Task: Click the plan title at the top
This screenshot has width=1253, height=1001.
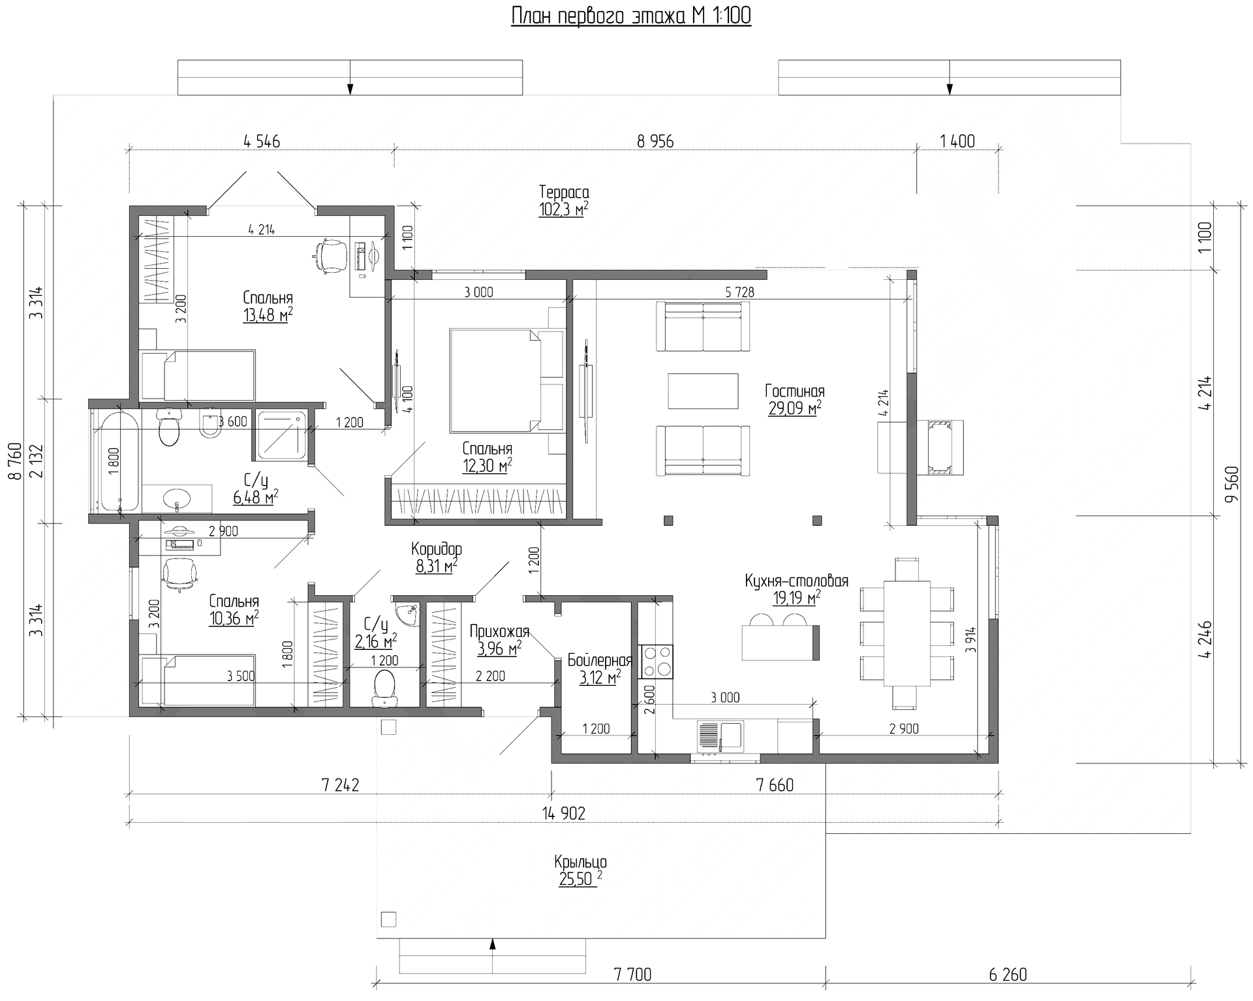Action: tap(631, 16)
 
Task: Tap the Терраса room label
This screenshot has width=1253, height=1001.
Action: tap(564, 192)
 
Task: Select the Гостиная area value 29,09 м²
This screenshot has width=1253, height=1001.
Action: tap(795, 409)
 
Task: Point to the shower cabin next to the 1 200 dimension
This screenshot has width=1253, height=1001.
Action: tap(281, 435)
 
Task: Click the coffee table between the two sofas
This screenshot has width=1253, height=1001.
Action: tap(703, 391)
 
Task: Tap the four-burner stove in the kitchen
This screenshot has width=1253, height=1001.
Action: tap(656, 662)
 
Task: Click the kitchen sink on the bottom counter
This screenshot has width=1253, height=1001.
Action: tap(720, 736)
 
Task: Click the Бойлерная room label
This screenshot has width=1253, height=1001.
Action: tap(600, 660)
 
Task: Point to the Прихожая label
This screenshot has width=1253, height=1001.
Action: tap(499, 631)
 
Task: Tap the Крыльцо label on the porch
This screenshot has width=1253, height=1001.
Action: tap(580, 861)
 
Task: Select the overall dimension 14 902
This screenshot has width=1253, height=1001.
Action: tap(564, 813)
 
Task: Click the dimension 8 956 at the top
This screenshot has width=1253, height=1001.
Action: tap(655, 141)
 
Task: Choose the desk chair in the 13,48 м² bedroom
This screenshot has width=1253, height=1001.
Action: tap(331, 255)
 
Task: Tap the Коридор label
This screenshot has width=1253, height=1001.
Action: tap(437, 549)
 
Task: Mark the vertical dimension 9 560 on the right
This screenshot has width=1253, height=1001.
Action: tap(1231, 484)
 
